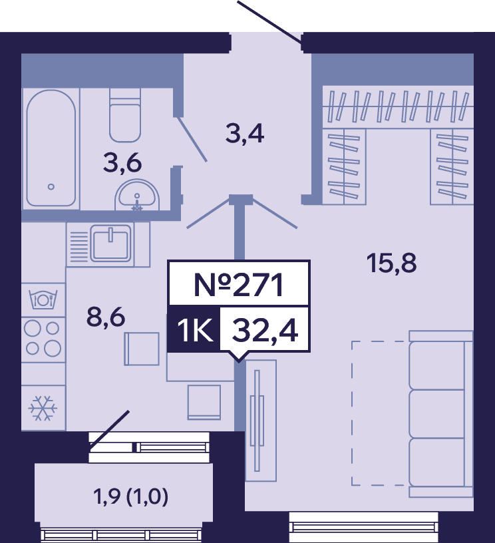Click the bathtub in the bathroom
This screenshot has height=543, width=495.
pos(51,148)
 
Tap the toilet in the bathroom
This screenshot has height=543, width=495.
pos(125,115)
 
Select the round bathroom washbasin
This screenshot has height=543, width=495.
pos(137,195)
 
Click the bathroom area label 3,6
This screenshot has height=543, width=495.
pos(122,163)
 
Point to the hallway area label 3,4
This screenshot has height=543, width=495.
pos(245,134)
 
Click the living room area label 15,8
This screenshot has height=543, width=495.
pos(391,264)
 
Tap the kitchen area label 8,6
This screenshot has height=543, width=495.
pos(106,317)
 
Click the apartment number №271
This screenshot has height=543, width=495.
pos(239,285)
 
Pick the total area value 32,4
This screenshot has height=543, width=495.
pos(265,330)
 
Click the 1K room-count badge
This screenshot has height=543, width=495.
pos(194,330)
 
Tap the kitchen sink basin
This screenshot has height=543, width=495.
pos(110,242)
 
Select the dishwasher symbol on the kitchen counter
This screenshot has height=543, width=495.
pos(43,300)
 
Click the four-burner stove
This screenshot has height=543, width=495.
pos(43,340)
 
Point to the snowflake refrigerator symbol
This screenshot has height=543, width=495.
pos(43,408)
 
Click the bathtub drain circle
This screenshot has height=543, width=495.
pos(51,186)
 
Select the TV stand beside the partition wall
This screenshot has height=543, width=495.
pos(261,421)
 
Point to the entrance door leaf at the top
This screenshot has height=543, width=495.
pos(269,23)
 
